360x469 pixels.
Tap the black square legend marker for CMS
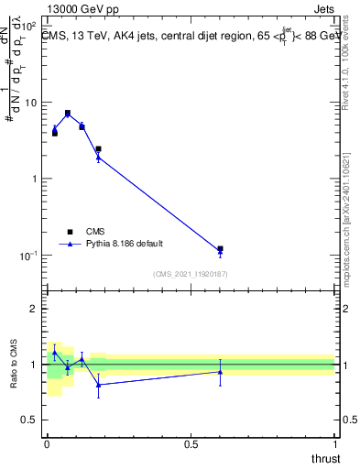click(70, 232)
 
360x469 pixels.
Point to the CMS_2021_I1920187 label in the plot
click(191, 274)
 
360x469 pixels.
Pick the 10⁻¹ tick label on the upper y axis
click(27, 256)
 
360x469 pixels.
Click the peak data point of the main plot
click(68, 113)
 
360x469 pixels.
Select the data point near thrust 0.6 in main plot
click(220, 249)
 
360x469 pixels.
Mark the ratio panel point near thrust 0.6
click(220, 371)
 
